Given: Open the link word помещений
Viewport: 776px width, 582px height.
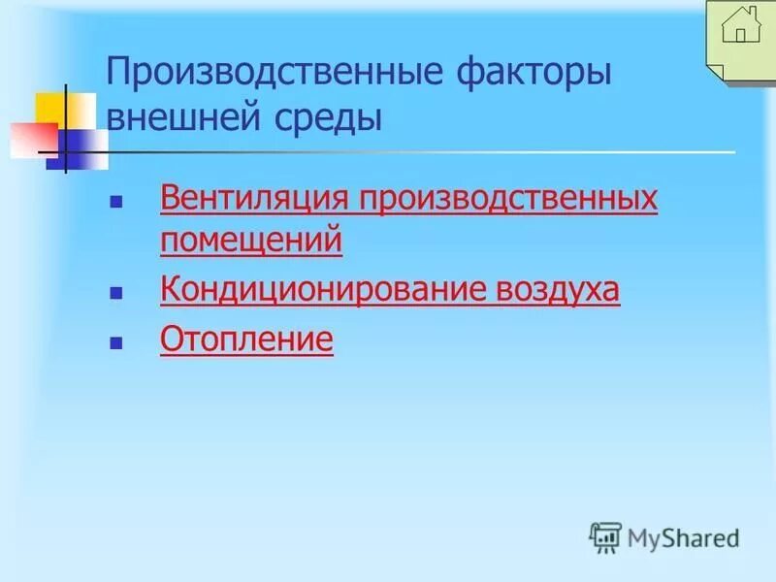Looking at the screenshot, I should point(250,240).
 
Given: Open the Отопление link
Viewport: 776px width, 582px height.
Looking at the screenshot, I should point(246,340).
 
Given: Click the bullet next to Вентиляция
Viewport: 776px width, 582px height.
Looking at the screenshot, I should point(116,204).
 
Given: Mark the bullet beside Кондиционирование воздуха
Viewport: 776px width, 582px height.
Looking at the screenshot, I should point(116,292).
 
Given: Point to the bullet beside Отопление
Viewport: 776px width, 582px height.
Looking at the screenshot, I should point(116,342).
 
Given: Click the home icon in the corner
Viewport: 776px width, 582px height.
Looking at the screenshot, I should point(741,28).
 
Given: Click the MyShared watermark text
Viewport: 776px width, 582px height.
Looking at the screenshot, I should point(683,536).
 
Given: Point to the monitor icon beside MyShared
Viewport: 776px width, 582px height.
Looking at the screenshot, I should point(605,536).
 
